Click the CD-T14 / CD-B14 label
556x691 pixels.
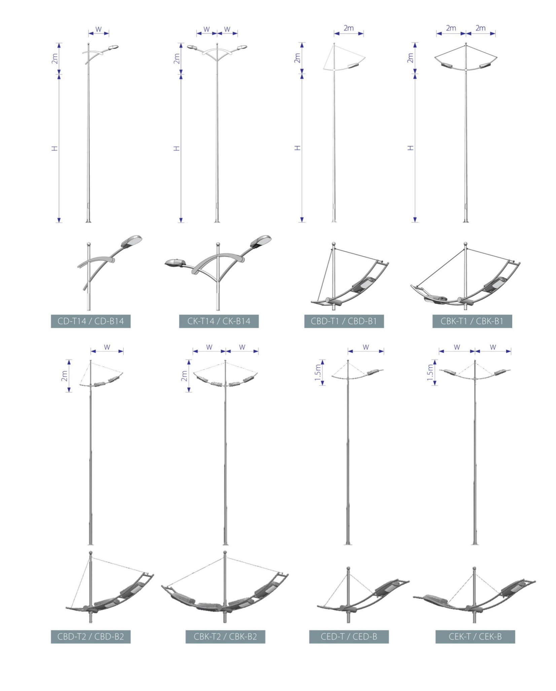coord(91,321)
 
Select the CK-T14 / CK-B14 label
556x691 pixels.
coord(219,321)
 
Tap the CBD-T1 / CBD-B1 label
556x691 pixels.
coord(344,321)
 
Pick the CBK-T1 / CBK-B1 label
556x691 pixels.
coord(472,321)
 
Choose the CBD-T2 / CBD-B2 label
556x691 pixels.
coord(91,636)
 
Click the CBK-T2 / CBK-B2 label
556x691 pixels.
coord(225,636)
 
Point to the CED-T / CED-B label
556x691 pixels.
coord(349,636)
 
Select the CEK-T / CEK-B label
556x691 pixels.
coord(475,636)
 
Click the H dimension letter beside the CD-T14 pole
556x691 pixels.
coord(55,148)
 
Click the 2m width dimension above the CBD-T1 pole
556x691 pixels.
coord(349,28)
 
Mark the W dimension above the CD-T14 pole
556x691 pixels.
coord(99,29)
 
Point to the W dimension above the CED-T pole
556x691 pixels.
coord(366,347)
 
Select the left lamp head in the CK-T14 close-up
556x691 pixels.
coord(175,262)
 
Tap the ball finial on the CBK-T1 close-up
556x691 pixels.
coord(466,244)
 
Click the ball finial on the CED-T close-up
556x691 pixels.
coord(348,568)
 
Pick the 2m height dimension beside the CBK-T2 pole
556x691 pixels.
coord(184,376)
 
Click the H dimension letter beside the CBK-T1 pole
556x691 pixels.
coord(410,148)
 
